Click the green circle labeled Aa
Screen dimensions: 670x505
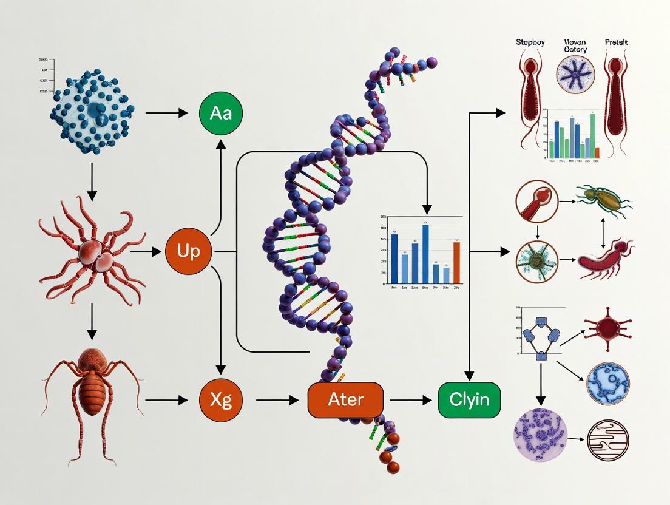pos(220,114)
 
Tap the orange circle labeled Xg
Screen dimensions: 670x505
pos(220,400)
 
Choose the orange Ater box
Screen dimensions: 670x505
pos(345,400)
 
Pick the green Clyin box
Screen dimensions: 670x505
pos(469,400)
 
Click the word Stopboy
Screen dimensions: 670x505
pos(530,42)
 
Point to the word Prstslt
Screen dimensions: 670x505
pos(617,42)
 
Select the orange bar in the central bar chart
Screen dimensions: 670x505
pos(456,263)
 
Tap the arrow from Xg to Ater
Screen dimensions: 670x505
pos(277,400)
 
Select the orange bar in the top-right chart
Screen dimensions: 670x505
pos(597,152)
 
